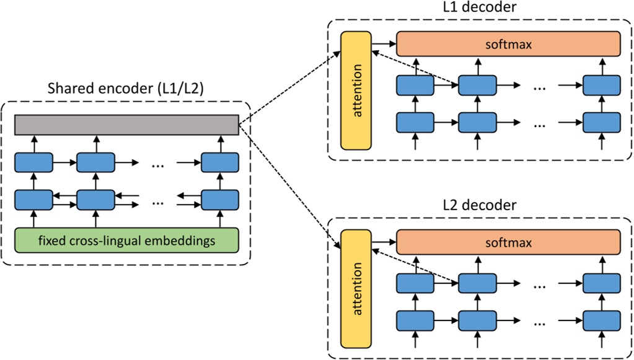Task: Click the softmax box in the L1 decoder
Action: coord(508,45)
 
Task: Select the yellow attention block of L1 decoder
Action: coord(356,89)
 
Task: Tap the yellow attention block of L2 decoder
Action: coord(356,288)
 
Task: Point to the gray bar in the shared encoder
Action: coord(126,124)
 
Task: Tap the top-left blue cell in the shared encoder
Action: coord(33,163)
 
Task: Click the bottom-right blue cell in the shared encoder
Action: coord(219,200)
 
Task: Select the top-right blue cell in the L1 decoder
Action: coord(601,86)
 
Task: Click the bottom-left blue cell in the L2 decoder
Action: coord(415,320)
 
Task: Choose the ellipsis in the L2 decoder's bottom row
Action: coord(539,322)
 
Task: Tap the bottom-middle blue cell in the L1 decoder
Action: coord(477,122)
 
